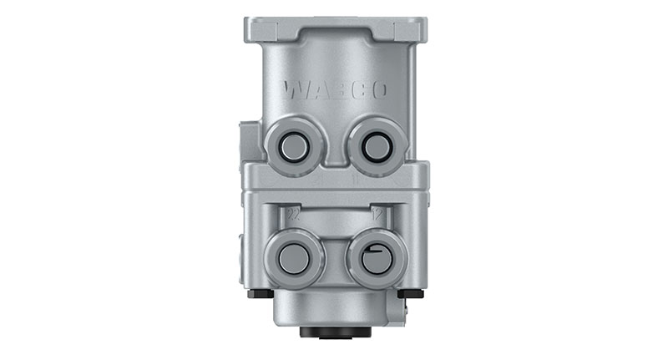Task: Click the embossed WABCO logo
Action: (x=335, y=89)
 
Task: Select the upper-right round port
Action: (x=376, y=148)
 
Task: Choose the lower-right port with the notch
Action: (x=375, y=258)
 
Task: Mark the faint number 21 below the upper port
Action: (x=318, y=179)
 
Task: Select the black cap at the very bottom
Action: (x=335, y=332)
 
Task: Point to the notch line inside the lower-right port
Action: (x=373, y=251)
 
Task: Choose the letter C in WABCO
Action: (x=357, y=89)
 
